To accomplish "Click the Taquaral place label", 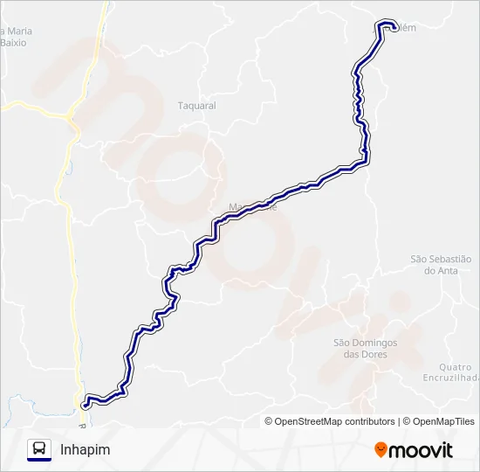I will point(196,106).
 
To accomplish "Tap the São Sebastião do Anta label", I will point(441,265).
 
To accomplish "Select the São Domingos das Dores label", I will point(365,349).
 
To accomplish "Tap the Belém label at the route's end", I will point(406,28).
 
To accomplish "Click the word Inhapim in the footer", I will point(86,449).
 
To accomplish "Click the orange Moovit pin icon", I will point(381,449).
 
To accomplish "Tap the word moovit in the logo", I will point(421,450).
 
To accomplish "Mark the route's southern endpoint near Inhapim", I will point(85,405).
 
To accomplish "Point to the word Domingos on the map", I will point(377,343).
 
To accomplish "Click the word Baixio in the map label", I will point(15,42).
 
